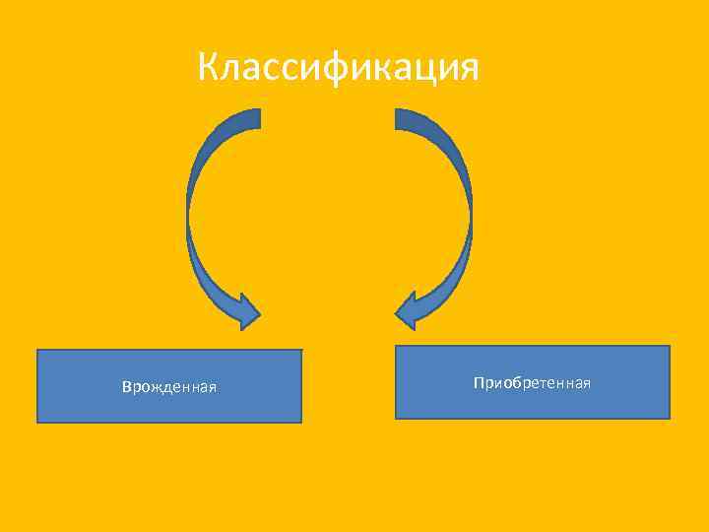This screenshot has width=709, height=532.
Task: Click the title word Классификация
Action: click(x=338, y=68)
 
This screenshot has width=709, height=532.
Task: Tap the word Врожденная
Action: click(x=169, y=386)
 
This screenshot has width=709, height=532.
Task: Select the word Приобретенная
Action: click(x=532, y=382)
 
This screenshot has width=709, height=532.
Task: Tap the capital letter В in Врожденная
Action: click(x=126, y=386)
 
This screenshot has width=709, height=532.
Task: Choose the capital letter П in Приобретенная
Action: click(x=478, y=382)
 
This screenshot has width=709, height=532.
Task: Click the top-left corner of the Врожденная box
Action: click(x=37, y=350)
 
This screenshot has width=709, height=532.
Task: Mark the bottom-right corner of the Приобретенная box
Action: click(x=670, y=419)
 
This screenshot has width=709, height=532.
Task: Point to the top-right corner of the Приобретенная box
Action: click(x=670, y=346)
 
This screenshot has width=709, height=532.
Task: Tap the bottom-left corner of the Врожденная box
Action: click(x=37, y=423)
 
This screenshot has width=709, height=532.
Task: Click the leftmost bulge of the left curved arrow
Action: click(x=189, y=212)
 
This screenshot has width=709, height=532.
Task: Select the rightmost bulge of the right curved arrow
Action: click(x=470, y=212)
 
